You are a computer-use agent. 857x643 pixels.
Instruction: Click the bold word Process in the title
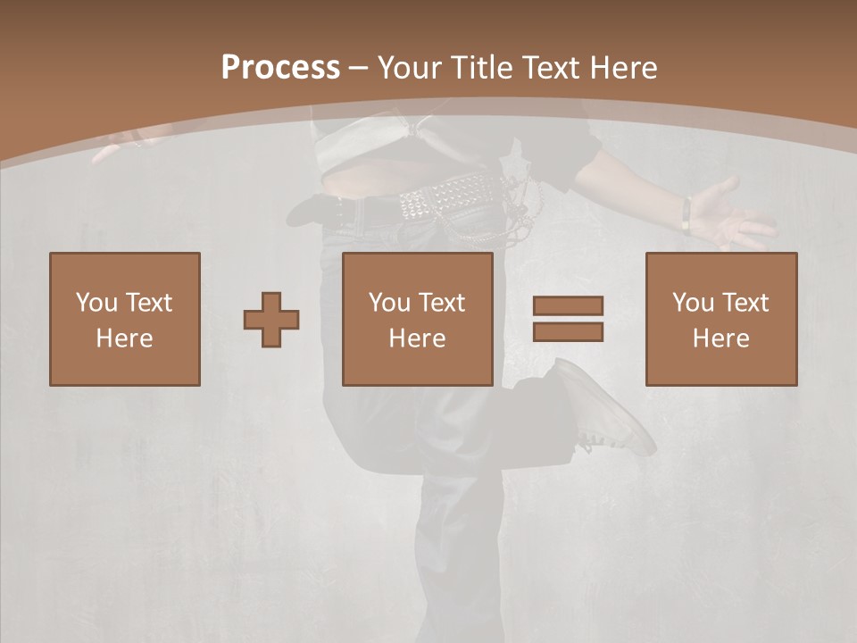280,68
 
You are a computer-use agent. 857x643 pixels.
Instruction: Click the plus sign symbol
271,320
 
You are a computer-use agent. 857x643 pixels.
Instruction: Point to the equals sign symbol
568,319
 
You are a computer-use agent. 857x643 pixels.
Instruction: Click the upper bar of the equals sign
568,306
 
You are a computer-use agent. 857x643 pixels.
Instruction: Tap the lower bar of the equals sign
568,331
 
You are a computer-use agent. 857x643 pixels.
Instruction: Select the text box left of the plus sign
125,319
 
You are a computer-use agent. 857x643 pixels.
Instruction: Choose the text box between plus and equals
418,319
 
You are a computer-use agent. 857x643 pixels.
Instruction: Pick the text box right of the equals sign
721,319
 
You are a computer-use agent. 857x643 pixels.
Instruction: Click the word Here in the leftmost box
125,338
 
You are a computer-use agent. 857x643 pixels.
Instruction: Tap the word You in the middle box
389,303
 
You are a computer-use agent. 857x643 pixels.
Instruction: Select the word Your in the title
410,68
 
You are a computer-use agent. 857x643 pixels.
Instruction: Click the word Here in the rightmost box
721,338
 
